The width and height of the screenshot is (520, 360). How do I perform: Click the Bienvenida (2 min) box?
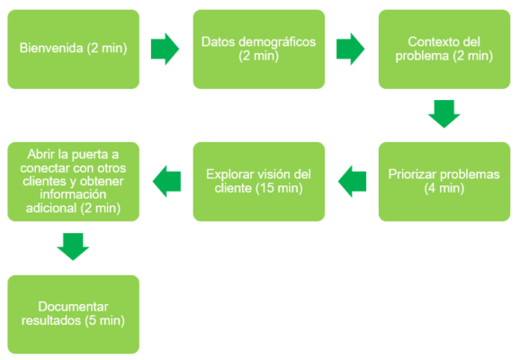pyautogui.click(x=74, y=49)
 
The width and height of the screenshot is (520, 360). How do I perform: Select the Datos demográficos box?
pyautogui.click(x=259, y=49)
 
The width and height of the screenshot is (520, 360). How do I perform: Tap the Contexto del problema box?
pyautogui.click(x=444, y=49)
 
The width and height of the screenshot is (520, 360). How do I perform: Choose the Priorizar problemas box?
pyautogui.click(x=444, y=181)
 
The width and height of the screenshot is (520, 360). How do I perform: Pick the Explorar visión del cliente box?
pyautogui.click(x=259, y=181)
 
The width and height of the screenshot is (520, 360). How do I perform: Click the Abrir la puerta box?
pyautogui.click(x=74, y=181)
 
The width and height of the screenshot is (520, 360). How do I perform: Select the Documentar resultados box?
pyautogui.click(x=74, y=313)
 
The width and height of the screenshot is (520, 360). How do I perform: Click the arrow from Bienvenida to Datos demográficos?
pyautogui.click(x=166, y=49)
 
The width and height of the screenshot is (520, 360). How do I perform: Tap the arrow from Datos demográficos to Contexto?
pyautogui.click(x=351, y=49)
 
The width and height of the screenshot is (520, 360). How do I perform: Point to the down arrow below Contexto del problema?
pyautogui.click(x=444, y=114)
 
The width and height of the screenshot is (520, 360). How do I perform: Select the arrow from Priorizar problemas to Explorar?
pyautogui.click(x=352, y=182)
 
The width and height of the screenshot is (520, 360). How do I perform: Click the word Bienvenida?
pyautogui.click(x=52, y=49)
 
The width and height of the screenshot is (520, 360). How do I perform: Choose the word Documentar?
pyautogui.click(x=74, y=306)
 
